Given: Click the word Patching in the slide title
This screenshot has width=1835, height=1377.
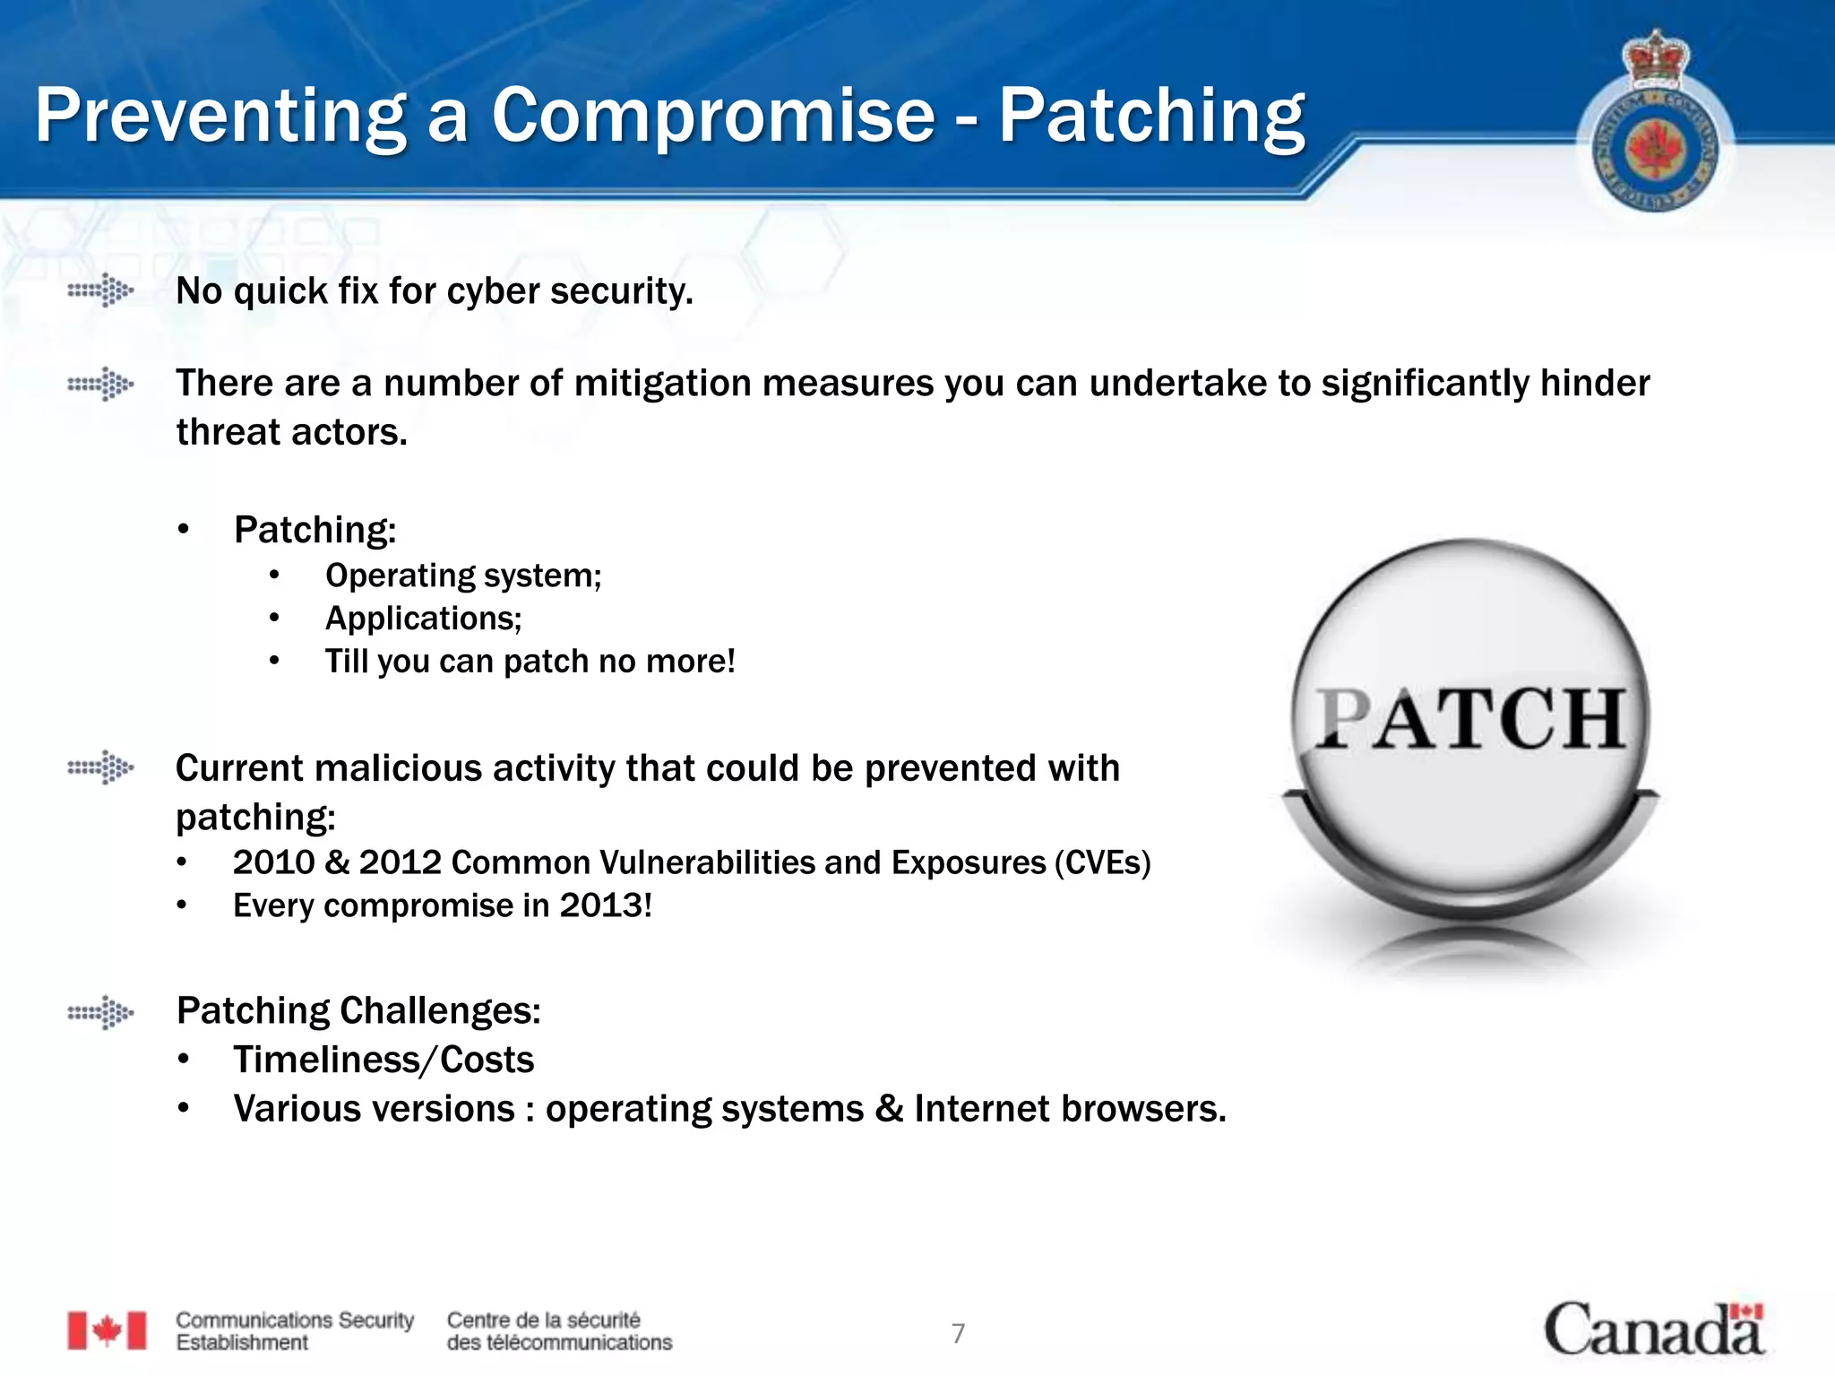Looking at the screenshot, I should (1151, 117).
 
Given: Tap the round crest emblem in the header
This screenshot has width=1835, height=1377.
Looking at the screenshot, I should (1656, 134).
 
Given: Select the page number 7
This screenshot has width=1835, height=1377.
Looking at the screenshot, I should (958, 1334).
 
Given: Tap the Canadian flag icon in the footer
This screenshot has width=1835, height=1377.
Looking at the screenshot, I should (107, 1330).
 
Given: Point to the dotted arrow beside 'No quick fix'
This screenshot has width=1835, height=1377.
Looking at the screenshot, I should (101, 290).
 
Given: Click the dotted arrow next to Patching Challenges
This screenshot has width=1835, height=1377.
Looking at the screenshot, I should (101, 1013).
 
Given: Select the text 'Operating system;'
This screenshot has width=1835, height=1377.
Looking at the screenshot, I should (463, 576).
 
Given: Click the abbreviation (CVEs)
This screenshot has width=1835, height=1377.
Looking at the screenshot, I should (1102, 862).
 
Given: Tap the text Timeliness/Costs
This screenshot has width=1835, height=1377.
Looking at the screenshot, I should (383, 1060).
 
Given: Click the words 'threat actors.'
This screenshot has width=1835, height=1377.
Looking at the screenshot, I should (292, 432).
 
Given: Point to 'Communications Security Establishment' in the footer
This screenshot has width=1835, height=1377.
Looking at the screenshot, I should (295, 1331).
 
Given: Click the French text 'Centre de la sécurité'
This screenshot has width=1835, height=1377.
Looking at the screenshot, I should (544, 1320).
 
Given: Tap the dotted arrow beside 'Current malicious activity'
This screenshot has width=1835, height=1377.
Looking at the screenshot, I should (101, 768).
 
